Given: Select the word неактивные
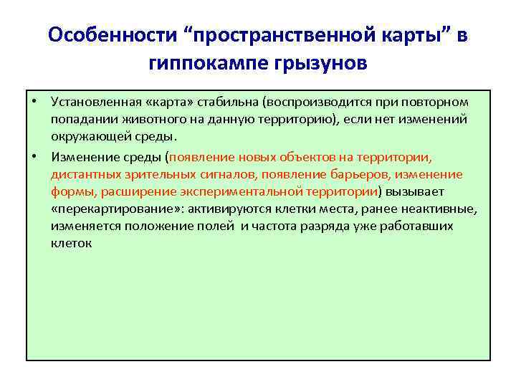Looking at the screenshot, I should coord(440,209).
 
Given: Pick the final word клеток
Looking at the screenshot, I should coord(71,244).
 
